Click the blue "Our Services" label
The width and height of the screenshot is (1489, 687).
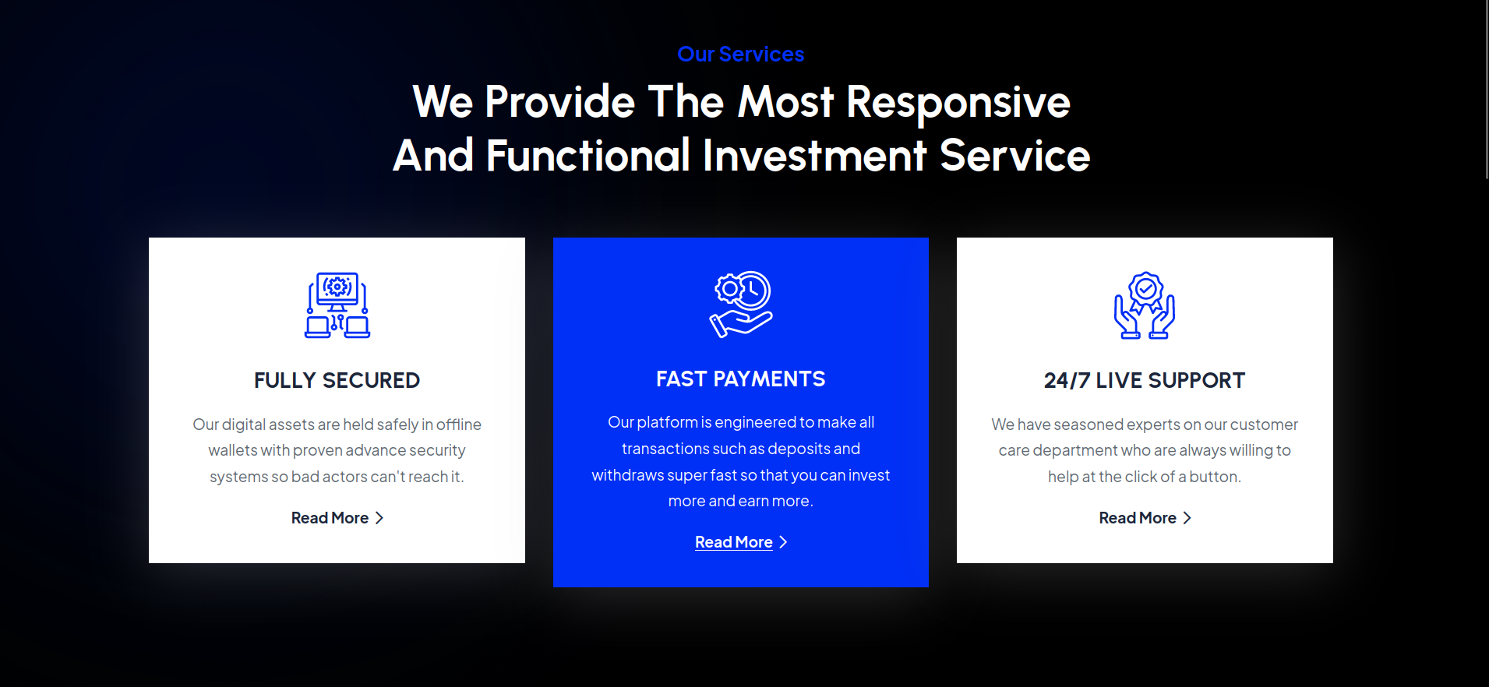740,54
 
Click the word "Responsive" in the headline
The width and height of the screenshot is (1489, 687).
958,103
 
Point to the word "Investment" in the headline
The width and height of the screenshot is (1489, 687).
814,156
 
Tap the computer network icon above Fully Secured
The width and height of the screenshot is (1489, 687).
337,305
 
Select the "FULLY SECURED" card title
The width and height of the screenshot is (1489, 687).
337,380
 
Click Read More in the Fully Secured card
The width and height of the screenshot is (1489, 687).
330,518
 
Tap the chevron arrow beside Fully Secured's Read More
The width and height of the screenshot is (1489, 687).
379,518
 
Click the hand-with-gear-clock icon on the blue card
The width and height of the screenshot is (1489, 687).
741,305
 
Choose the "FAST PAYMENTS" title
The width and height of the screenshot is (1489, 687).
740,379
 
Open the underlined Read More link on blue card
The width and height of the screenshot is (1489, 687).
733,542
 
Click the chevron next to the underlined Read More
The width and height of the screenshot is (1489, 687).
783,542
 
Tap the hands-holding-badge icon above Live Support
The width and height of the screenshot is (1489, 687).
1145,305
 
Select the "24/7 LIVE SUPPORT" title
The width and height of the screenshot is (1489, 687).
1145,380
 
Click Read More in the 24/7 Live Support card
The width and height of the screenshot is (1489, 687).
1138,518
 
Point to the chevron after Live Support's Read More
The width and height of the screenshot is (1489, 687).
1187,518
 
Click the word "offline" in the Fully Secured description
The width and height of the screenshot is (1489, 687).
459,425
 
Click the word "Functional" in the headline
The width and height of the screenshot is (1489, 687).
588,156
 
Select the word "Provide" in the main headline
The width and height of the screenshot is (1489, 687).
560,103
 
